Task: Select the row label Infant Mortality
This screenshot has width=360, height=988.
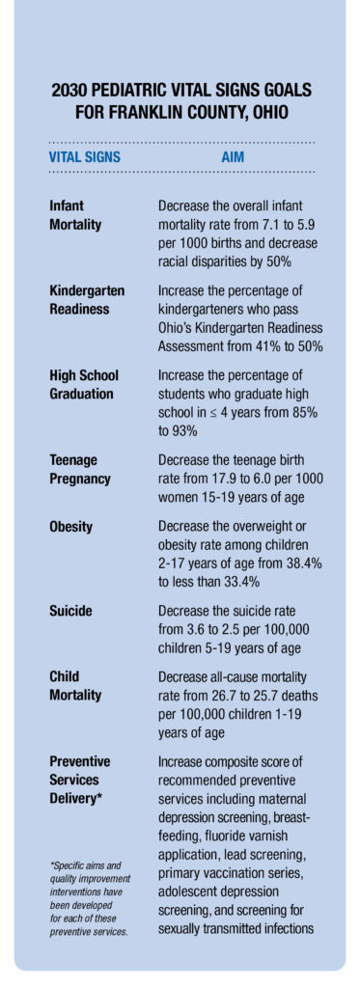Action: coord(75,215)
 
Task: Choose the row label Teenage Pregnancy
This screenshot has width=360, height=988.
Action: coord(80,470)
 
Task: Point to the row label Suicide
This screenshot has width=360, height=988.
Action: coord(71,611)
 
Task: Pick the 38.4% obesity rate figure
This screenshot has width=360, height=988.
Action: coord(298,563)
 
